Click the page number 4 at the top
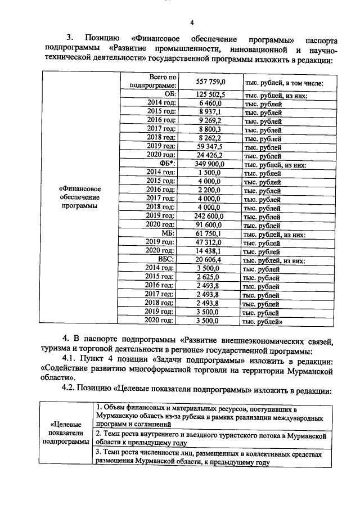coord(191,22)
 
